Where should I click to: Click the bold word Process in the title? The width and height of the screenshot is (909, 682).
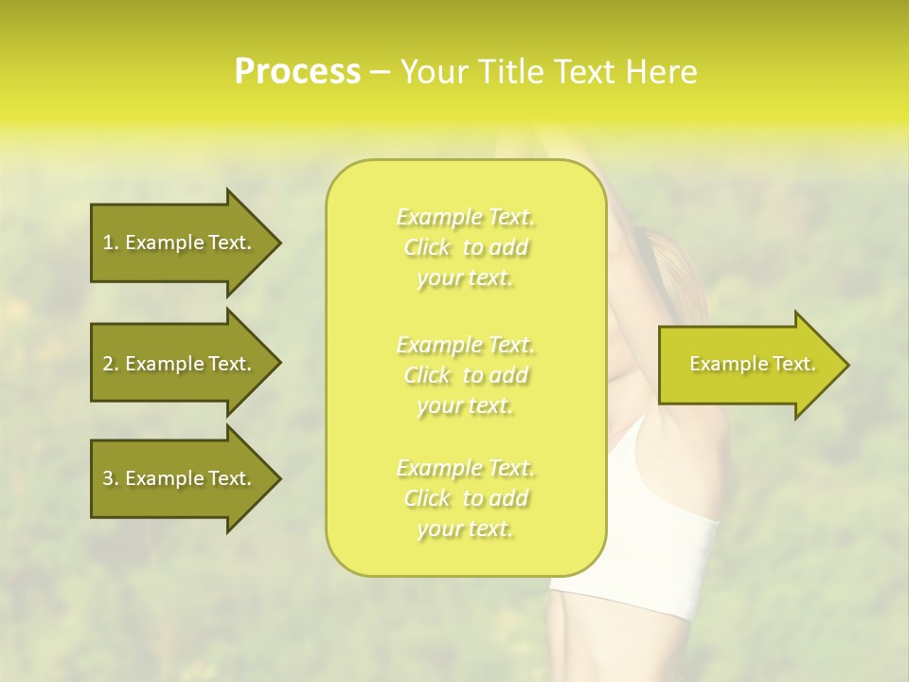[297, 72]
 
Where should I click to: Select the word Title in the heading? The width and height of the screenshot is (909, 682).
[508, 72]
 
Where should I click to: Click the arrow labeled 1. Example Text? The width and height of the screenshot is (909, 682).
[180, 242]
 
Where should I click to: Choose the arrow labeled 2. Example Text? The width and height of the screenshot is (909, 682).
[180, 364]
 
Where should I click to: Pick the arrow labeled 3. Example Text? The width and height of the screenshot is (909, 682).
[180, 478]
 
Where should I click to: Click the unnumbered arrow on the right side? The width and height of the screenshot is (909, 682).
[748, 365]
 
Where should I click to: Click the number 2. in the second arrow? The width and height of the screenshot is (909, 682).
[110, 364]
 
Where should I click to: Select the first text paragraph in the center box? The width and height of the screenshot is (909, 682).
[466, 247]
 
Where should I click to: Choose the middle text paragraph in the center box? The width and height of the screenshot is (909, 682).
[466, 375]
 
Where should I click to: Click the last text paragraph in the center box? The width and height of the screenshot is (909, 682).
[466, 498]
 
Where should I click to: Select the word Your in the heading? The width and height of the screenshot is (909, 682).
[432, 72]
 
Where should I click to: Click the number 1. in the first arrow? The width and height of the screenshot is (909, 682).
[110, 242]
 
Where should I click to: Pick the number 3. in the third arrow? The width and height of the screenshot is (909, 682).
[110, 478]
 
